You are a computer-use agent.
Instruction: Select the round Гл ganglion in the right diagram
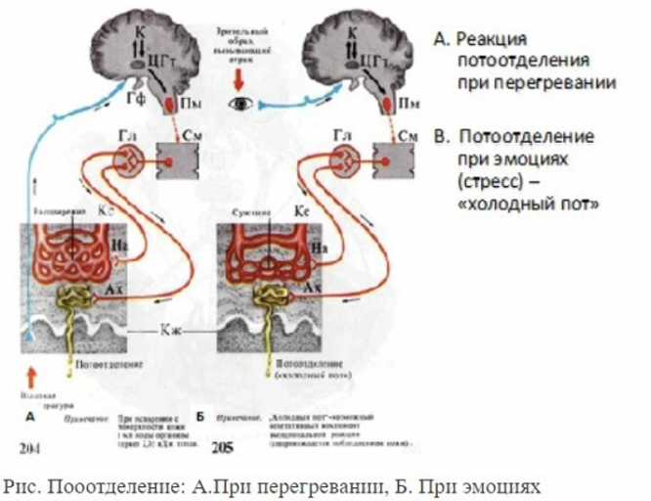click(346, 159)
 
